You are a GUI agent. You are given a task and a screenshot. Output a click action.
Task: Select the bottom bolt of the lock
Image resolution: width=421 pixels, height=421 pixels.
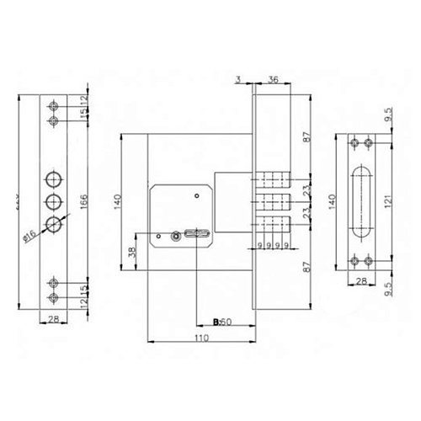(x=272, y=224)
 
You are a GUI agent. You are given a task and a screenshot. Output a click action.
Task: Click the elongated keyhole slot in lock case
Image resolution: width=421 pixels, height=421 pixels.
(x=200, y=235)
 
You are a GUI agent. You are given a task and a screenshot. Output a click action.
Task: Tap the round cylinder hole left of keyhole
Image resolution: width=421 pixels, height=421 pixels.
(x=175, y=237)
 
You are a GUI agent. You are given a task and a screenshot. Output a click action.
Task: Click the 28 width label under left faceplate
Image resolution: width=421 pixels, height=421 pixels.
(x=53, y=319)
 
